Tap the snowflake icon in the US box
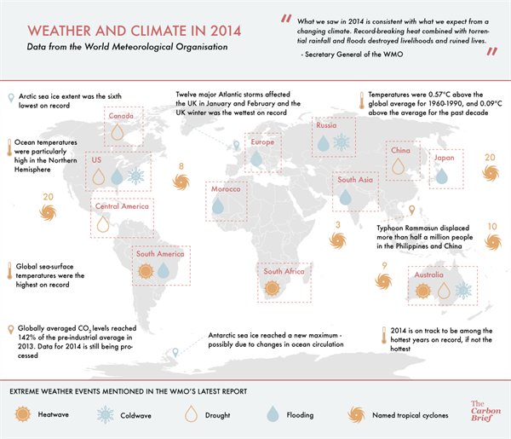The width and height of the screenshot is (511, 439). (135, 177)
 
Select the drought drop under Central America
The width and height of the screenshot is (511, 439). (103, 223)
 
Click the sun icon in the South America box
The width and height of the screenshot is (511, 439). (144, 271)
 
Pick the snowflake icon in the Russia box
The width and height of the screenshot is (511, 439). (341, 143)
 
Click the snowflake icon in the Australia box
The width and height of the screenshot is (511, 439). (463, 291)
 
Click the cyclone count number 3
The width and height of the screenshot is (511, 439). (338, 225)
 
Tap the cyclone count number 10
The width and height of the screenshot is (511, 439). (492, 227)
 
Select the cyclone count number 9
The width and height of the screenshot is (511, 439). (385, 267)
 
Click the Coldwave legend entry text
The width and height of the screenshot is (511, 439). (143, 415)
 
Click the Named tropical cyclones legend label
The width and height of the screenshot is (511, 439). (413, 415)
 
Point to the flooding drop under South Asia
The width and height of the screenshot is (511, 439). (345, 197)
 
